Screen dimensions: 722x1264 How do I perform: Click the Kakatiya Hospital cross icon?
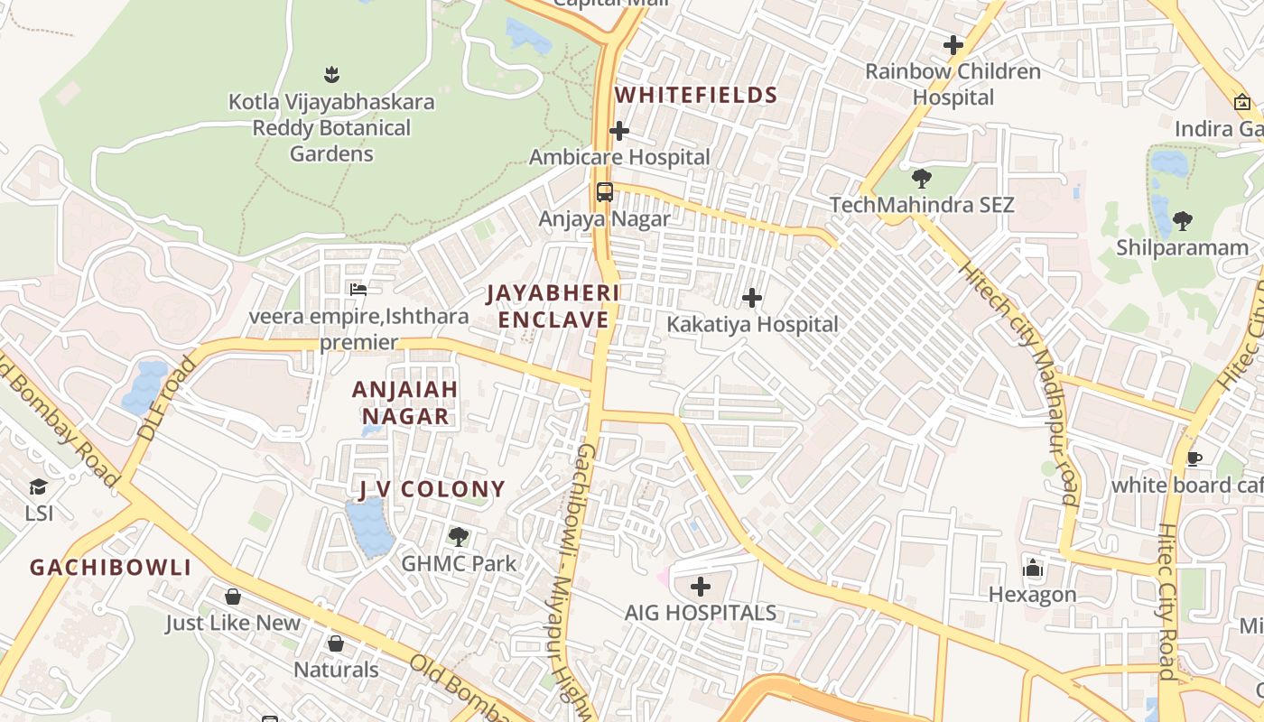pyautogui.click(x=751, y=298)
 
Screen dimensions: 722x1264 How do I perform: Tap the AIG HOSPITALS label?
pyautogui.click(x=700, y=612)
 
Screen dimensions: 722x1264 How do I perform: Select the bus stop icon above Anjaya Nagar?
pyautogui.click(x=604, y=191)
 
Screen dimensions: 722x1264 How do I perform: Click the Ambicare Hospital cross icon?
pyautogui.click(x=618, y=132)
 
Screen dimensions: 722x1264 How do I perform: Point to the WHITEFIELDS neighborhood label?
pyautogui.click(x=695, y=96)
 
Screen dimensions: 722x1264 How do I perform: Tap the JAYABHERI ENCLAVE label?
pyautogui.click(x=553, y=306)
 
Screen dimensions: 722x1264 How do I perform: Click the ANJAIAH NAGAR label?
pyautogui.click(x=405, y=403)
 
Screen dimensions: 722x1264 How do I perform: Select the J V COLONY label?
pyautogui.click(x=432, y=489)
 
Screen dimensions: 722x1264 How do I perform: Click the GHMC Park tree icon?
pyautogui.click(x=459, y=537)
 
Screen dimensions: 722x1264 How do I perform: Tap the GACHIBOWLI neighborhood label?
pyautogui.click(x=110, y=568)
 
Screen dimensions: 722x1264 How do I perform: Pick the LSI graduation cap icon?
pyautogui.click(x=38, y=487)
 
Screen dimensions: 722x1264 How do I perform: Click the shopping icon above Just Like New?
pyautogui.click(x=233, y=597)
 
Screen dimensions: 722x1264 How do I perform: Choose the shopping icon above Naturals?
pyautogui.click(x=336, y=643)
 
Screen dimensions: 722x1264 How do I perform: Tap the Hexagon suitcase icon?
pyautogui.click(x=1033, y=568)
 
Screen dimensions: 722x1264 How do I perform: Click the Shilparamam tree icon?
pyautogui.click(x=1182, y=220)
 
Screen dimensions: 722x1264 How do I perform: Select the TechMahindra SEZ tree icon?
pyautogui.click(x=921, y=178)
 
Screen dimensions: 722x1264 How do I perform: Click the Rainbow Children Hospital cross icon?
pyautogui.click(x=953, y=44)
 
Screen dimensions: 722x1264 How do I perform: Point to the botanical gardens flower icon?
pyautogui.click(x=330, y=74)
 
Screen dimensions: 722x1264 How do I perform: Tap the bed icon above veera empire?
pyautogui.click(x=358, y=290)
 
